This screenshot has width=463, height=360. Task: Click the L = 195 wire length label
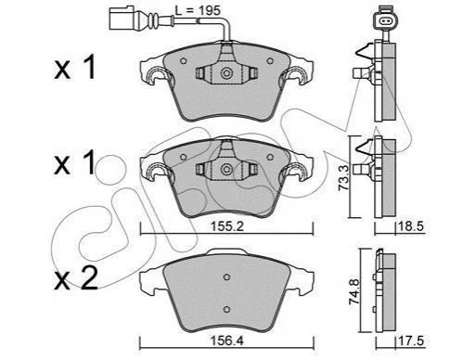click(198, 10)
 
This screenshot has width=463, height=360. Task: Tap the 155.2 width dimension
click(227, 226)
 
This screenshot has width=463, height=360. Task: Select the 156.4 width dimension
click(227, 341)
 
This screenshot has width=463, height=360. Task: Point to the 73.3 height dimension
click(343, 178)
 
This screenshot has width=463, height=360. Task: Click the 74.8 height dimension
click(354, 291)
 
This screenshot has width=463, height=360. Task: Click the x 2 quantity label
click(76, 278)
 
